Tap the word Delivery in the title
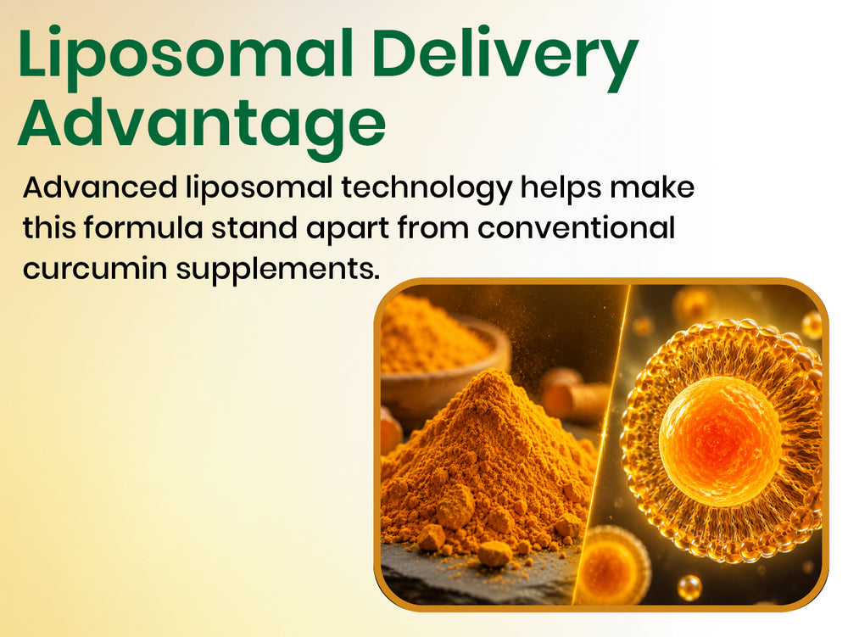tap(505, 58)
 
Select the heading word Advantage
tap(202, 126)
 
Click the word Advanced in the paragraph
tap(100, 187)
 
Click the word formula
tap(143, 227)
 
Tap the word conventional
tap(576, 227)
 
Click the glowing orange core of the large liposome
tap(720, 437)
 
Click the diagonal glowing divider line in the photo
tap(601, 444)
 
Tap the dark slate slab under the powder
tap(476, 578)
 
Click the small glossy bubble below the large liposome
tap(689, 587)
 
